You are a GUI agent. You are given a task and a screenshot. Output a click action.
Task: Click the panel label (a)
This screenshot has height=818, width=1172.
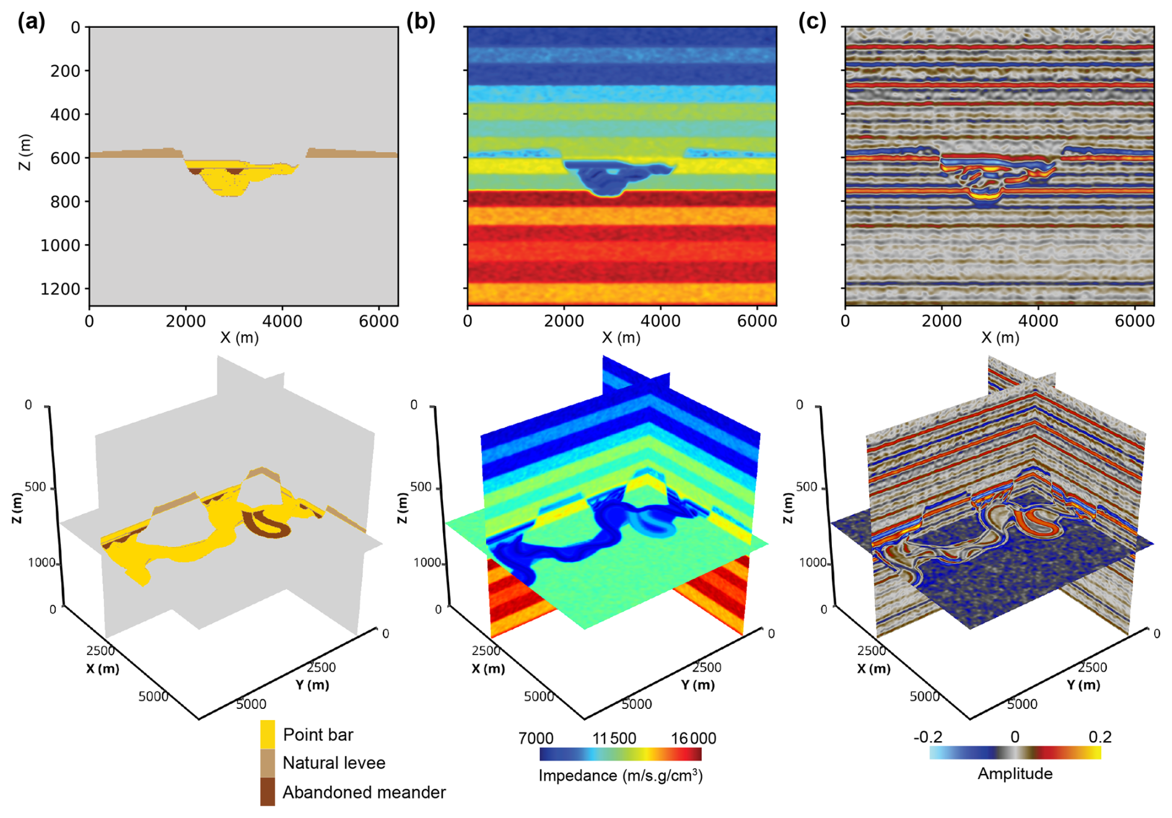click(x=31, y=22)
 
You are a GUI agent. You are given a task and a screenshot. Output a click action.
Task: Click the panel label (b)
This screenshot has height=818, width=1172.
click(x=421, y=22)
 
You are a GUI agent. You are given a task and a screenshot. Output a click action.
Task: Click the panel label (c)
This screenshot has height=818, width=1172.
click(x=812, y=22)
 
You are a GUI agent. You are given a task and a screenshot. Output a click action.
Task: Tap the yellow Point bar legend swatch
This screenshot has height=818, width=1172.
click(x=268, y=734)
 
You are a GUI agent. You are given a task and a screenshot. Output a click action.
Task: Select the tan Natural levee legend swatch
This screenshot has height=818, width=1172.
click(x=268, y=763)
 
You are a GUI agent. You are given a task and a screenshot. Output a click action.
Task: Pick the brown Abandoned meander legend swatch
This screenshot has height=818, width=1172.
click(x=268, y=792)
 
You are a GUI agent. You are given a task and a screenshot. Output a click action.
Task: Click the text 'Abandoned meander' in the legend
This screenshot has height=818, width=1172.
click(x=364, y=792)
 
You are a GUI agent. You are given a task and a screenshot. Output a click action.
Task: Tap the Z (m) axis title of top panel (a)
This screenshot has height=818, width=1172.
click(x=25, y=152)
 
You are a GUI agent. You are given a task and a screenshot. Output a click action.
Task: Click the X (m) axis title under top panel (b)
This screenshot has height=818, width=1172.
click(x=621, y=338)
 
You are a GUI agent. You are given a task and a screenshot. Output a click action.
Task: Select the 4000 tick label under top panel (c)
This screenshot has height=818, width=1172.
click(x=1038, y=321)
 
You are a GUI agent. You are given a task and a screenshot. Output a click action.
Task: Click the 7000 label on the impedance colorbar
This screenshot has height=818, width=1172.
click(x=536, y=738)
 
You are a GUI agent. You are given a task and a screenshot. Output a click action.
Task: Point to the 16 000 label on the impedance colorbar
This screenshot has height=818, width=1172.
click(x=693, y=738)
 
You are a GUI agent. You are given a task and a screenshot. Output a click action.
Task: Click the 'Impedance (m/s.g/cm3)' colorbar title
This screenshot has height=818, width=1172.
click(x=621, y=776)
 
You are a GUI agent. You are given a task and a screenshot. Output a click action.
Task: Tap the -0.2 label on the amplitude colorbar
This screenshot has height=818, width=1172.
click(x=927, y=737)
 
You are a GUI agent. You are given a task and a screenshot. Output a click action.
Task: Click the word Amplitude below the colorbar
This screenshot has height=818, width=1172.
click(x=1015, y=773)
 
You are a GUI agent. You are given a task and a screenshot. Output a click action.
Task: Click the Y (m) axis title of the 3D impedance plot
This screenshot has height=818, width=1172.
click(x=698, y=685)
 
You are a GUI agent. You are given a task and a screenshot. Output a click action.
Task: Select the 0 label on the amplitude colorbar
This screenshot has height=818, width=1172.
click(x=1015, y=737)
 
